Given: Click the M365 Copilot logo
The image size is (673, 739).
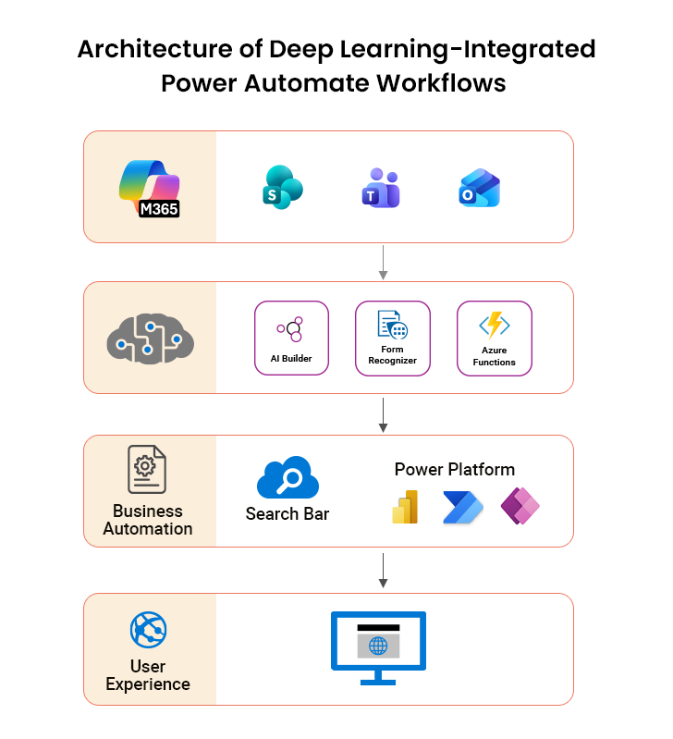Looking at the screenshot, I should (150, 189).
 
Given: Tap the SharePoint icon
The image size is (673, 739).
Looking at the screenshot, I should (282, 187).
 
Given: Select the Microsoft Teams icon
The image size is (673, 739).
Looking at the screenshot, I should (380, 188).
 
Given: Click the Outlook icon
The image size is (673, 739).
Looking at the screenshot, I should (480, 188).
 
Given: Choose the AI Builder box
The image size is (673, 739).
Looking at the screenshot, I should (291, 338).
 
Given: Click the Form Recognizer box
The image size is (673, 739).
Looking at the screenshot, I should (393, 338).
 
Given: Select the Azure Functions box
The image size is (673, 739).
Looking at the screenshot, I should (495, 339).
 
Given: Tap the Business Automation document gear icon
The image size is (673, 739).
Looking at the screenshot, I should (147, 470).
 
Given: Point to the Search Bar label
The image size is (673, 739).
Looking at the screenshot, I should (288, 514).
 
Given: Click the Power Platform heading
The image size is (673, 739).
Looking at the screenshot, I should (455, 470).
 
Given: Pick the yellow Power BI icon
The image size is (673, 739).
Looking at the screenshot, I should (405, 508).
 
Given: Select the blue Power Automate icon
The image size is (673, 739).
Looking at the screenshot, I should (463, 508).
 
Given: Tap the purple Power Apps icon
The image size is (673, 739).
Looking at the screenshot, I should (520, 507).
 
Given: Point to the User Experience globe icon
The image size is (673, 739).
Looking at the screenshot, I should (148, 631).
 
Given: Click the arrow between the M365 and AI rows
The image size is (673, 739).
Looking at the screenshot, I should (383, 262).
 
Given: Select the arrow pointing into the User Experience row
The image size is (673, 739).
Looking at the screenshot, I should (383, 571).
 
